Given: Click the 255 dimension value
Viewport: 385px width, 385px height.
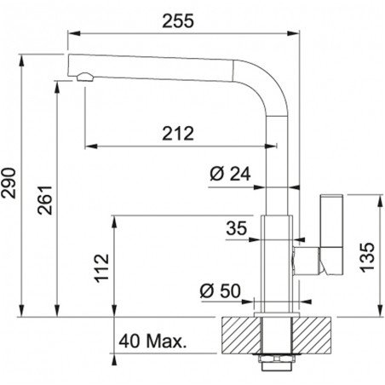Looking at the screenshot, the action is click(178, 21).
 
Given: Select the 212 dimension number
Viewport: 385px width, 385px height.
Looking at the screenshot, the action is click(178, 134).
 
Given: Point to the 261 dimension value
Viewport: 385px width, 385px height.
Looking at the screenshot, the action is click(45, 200).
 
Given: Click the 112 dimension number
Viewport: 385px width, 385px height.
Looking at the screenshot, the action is click(101, 268).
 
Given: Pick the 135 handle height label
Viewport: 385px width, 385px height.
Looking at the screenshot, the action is click(367, 257).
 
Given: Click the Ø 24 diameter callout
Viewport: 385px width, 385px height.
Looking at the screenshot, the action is click(230, 174).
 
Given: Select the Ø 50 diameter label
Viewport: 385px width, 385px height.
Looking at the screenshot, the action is click(220, 290).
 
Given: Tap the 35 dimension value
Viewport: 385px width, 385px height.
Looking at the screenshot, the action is click(237, 228).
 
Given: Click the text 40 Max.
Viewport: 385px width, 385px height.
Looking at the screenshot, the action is click(152, 341).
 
